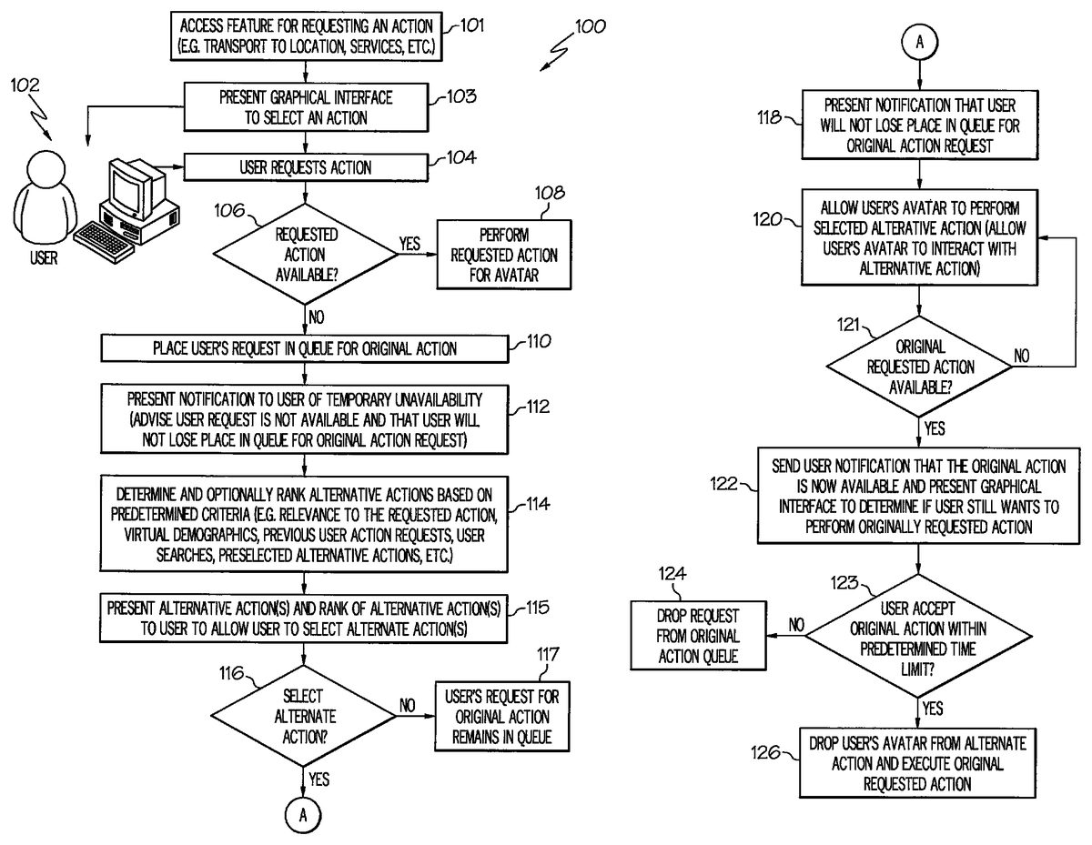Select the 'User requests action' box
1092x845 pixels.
pyautogui.click(x=305, y=167)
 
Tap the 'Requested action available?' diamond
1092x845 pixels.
pyautogui.click(x=305, y=256)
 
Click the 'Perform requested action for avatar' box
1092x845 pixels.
pyautogui.click(x=505, y=256)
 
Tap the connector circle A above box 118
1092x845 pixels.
pyautogui.click(x=920, y=42)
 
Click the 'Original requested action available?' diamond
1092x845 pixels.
pyautogui.click(x=920, y=367)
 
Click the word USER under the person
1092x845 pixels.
pyautogui.click(x=43, y=258)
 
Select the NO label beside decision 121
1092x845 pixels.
pyautogui.click(x=1022, y=357)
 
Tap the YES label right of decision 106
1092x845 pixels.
pyautogui.click(x=409, y=245)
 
